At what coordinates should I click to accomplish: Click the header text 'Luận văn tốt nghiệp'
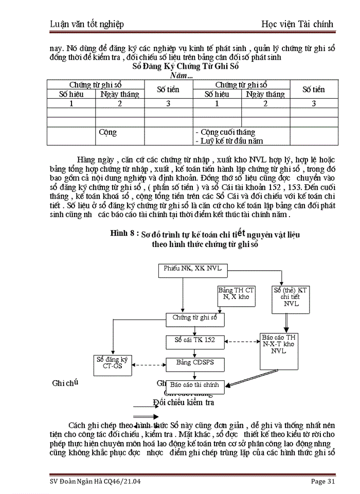pyautogui.click(x=92, y=24)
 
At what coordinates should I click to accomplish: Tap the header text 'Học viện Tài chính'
pyautogui.click(x=298, y=24)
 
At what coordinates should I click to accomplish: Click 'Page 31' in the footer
pyautogui.click(x=322, y=482)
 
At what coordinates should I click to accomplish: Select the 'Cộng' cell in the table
pyautogui.click(x=108, y=132)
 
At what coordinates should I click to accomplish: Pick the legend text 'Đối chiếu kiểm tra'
pyautogui.click(x=183, y=402)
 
